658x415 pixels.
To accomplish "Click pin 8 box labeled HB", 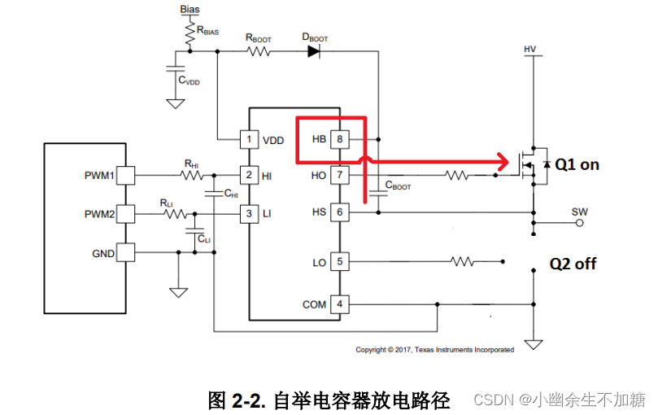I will point(339,139).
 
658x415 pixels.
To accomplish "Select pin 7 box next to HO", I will point(339,175).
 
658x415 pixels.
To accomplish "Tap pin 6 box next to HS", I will point(339,212).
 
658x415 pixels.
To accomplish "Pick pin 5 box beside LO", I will point(339,262).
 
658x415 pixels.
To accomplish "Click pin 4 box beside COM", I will point(339,304).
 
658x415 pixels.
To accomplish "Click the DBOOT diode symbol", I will point(315,51).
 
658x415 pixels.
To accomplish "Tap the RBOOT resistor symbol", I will point(259,51).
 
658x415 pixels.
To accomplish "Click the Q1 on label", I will point(577,164).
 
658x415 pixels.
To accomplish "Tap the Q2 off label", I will point(573,264).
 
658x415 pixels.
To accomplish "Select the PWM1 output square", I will point(126,175).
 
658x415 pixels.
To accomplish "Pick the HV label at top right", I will point(531,50).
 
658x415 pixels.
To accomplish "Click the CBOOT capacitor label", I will point(398,186).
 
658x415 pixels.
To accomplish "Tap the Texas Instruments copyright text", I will point(434,350).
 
